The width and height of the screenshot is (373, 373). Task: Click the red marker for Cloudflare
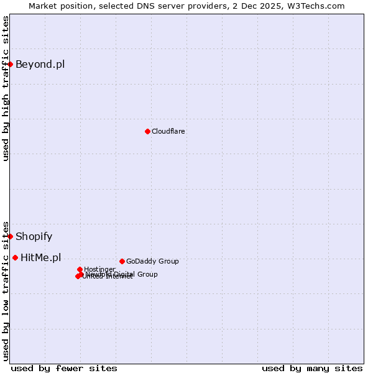(147, 131)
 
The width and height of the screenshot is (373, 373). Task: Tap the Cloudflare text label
(168, 131)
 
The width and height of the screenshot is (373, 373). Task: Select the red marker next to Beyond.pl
(11, 64)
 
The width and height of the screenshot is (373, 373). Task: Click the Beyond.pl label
(40, 64)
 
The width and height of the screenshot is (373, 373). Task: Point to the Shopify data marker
(11, 236)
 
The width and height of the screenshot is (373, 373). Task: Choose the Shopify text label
(34, 236)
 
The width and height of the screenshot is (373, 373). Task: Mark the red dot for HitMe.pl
(15, 257)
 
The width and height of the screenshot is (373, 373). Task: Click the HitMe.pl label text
(41, 257)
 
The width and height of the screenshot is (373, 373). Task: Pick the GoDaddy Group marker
(122, 261)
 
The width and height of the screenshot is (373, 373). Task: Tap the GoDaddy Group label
(152, 261)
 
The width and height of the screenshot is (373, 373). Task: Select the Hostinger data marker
(80, 269)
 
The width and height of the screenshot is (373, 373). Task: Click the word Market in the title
(44, 6)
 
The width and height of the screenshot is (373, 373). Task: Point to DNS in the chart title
(153, 6)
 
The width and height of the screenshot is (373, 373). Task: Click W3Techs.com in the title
(316, 6)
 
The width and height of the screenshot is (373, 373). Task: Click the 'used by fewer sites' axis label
(64, 368)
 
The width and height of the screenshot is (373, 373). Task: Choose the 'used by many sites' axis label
(312, 368)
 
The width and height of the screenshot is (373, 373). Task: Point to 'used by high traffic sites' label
(6, 88)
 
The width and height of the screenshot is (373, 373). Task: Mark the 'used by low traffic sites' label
(6, 290)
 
